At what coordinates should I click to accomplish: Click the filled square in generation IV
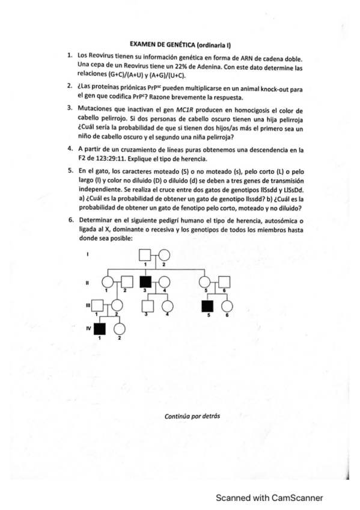tap(100, 328)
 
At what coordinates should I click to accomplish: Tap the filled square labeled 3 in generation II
tap(145, 281)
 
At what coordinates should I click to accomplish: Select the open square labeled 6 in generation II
tap(226, 281)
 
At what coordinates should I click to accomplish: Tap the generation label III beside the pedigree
tap(88, 306)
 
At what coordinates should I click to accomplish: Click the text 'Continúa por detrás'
tap(189, 416)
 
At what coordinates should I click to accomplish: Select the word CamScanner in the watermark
tap(294, 497)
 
